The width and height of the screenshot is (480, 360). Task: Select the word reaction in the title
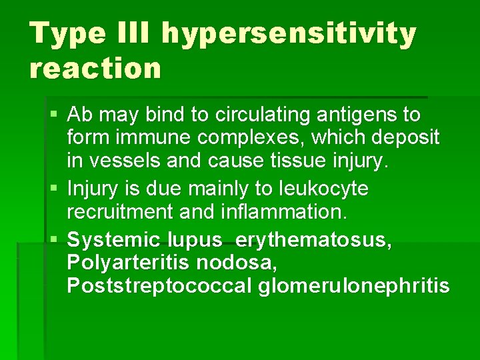[95, 68]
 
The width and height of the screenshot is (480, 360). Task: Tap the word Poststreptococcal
[159, 286]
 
